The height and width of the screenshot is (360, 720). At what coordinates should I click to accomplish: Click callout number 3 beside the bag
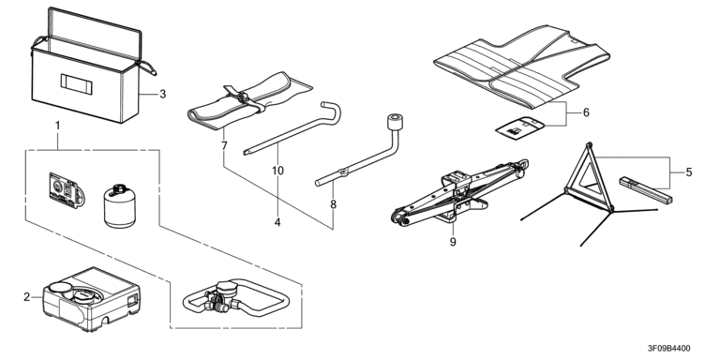pos(162,94)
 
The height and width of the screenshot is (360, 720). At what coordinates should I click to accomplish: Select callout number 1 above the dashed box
pos(57,126)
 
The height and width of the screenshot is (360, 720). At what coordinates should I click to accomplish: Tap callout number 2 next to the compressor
pos(26,297)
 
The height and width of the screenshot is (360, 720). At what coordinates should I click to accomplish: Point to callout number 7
pos(224,146)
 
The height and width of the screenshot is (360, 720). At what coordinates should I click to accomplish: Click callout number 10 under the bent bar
pos(277,171)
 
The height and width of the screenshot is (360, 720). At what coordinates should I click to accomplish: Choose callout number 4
pos(277,223)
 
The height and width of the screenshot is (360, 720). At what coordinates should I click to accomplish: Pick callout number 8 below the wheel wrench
pos(334,204)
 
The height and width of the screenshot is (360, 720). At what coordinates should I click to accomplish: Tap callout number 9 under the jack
pos(453,242)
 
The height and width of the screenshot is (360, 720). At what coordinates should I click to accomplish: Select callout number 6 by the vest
pos(586,112)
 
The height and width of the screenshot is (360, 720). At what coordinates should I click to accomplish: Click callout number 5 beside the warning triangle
pos(689,172)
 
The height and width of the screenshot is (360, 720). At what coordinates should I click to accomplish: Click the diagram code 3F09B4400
pos(668,349)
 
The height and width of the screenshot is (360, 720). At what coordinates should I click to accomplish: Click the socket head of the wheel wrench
pos(395,124)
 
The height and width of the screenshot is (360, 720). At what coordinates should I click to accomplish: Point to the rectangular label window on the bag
pos(77,84)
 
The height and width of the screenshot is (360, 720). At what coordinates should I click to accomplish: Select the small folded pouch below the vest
pos(519,127)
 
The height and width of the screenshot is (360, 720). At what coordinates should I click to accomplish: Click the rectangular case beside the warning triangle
pos(645,190)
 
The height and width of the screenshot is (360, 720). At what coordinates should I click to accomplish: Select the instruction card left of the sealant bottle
pos(67,190)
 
